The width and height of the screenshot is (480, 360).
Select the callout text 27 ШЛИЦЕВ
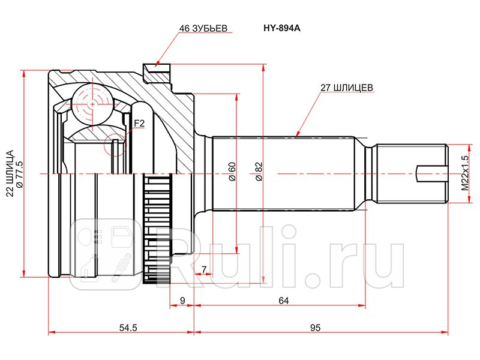(x=347, y=87)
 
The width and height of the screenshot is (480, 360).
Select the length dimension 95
(x=316, y=328)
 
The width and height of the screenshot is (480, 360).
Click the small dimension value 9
(x=182, y=301)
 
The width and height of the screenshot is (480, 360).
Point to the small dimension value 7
(x=204, y=269)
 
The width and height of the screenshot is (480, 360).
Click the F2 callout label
(x=139, y=124)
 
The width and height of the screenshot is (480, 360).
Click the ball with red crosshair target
(x=93, y=103)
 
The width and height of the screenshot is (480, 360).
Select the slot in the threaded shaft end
(x=431, y=174)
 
